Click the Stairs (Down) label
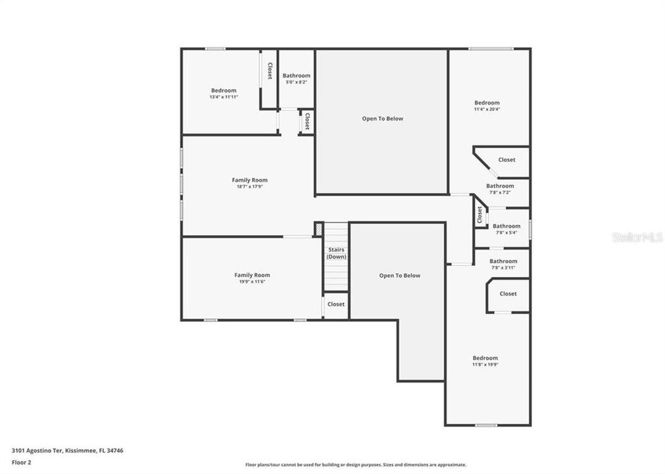click(336, 253)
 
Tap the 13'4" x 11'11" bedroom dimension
click(223, 97)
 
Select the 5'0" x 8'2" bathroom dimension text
click(296, 83)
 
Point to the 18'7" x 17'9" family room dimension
click(249, 187)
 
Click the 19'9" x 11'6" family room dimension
click(252, 282)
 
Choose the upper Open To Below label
click(382, 119)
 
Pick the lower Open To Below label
click(399, 276)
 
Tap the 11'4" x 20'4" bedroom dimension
click(487, 109)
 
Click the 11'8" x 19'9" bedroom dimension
click(485, 365)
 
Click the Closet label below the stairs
click(335, 305)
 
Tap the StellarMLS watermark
click(637, 237)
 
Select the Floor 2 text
click(21, 462)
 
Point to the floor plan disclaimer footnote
click(355, 465)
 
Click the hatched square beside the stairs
click(318, 229)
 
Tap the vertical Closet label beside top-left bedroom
click(269, 71)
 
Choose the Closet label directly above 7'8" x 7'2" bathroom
click(506, 160)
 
